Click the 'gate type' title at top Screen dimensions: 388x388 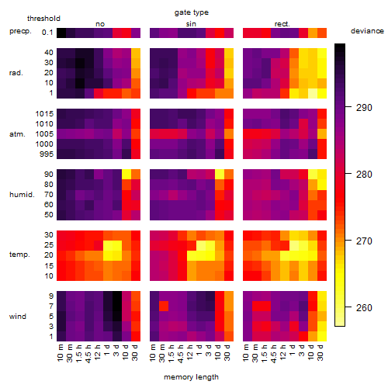[x=192, y=12]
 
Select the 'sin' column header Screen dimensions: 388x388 [x=191, y=24]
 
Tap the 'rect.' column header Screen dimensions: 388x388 [x=282, y=24]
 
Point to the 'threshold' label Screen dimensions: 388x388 [x=43, y=19]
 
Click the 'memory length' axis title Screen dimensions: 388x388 [x=191, y=377]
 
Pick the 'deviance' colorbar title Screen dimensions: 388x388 [x=367, y=31]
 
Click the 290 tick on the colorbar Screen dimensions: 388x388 [x=348, y=107]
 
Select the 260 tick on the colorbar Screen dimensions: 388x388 [x=348, y=307]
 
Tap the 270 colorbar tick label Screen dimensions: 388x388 [x=364, y=241]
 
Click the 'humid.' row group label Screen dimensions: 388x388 [x=22, y=195]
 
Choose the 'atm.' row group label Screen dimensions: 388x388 [x=17, y=134]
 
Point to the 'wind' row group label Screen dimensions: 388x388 [x=18, y=317]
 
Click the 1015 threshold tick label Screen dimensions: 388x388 [x=44, y=114]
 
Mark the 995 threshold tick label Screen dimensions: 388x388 [x=47, y=154]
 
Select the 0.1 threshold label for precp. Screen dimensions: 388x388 [x=47, y=33]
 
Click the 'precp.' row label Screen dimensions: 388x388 [x=20, y=31]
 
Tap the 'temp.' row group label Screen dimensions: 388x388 [x=19, y=255]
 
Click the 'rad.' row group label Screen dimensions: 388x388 [x=16, y=73]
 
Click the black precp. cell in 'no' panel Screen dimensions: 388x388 [x=61, y=33]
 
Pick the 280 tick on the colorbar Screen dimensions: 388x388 [x=348, y=174]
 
